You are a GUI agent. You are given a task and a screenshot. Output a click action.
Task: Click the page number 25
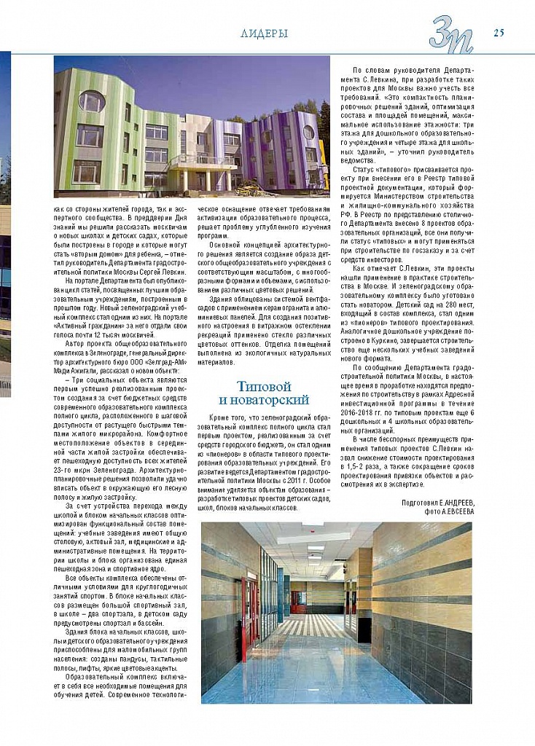499,32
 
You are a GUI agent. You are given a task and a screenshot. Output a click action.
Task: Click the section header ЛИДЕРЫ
264,34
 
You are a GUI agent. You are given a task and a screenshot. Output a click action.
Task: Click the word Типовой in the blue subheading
264,386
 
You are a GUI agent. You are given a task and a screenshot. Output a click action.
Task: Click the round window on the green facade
92,101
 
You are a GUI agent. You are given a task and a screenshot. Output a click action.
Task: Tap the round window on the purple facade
309,132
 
